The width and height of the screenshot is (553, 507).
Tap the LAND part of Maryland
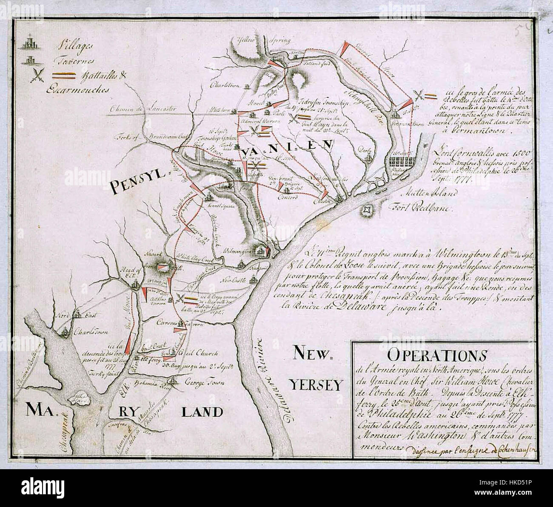[202, 411]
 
